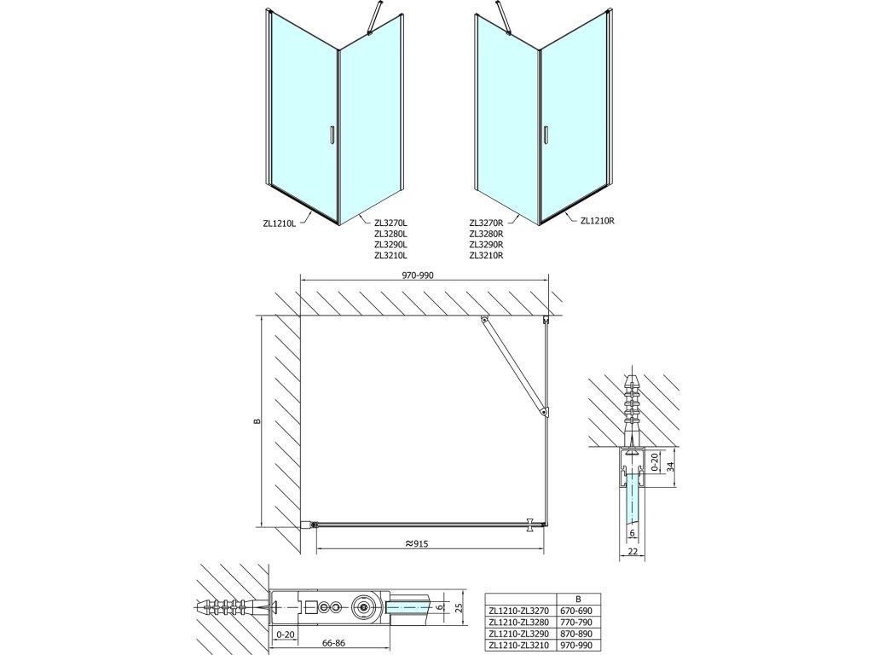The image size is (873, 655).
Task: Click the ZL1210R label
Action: (598, 220)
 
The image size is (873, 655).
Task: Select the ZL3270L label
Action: (391, 223)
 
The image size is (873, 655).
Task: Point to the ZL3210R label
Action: (486, 254)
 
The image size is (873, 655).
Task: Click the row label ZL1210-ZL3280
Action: (520, 623)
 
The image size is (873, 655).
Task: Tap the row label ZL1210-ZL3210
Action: (520, 646)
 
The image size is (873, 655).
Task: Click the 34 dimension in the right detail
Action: (670, 466)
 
